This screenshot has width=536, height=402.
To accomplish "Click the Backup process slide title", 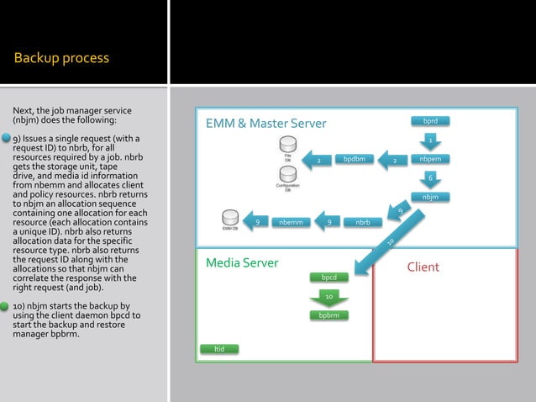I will [x=61, y=58].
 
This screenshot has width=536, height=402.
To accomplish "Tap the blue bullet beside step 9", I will [x=6, y=138].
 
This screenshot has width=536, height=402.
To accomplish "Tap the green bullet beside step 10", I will [x=6, y=306].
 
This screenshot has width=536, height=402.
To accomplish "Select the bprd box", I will [x=430, y=122].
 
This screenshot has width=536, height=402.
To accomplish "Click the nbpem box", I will [x=430, y=159].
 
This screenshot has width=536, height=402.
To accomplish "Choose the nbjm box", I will [x=430, y=197].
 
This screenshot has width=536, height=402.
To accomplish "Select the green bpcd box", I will [x=329, y=277].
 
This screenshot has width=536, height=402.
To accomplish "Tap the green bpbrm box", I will [x=329, y=315].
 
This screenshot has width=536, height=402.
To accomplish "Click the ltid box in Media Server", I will [x=219, y=348].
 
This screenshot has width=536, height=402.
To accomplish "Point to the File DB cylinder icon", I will [x=288, y=145].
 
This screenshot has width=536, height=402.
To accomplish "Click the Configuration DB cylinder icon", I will [x=288, y=174].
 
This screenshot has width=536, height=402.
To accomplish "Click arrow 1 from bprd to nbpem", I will [x=430, y=140].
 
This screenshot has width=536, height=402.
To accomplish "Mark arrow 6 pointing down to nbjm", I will [x=430, y=177].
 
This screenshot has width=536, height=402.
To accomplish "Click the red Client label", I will [x=423, y=267].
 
